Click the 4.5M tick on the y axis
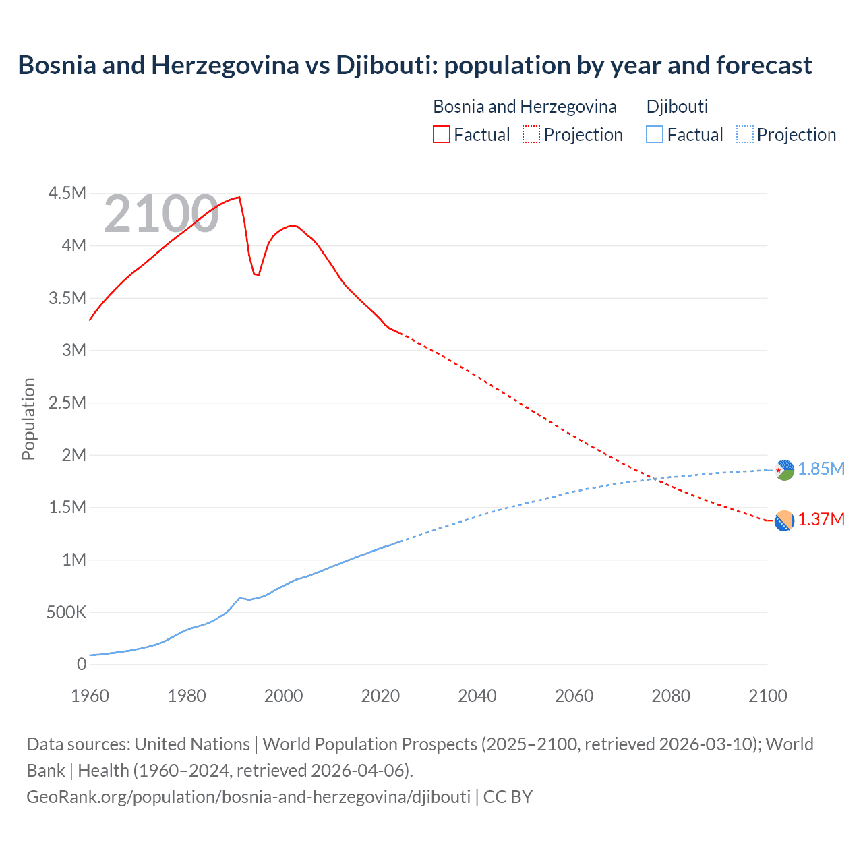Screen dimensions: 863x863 pos(67,194)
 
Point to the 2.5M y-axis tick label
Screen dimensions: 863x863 pos(67,403)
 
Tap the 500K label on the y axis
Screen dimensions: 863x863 pos(67,613)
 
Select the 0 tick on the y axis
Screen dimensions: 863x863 pos(82,665)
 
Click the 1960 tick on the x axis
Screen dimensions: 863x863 pos(90,696)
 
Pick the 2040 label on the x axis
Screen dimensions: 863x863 pos(477,696)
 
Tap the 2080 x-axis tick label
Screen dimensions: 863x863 pos(671,696)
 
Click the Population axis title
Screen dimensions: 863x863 pos(28,419)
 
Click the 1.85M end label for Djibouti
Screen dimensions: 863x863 pos(821,469)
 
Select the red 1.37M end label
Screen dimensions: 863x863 pos(821,519)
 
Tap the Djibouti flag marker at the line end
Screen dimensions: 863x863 pos(784,470)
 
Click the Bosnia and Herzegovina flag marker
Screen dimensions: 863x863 pos(784,520)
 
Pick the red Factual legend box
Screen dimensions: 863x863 pos(441,135)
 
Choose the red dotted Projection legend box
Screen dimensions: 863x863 pos(531,135)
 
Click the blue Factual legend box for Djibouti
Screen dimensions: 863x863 pos(655,135)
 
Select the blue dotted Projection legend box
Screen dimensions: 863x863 pos(745,135)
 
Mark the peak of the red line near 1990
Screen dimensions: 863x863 pos(239,198)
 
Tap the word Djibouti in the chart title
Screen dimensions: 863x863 pos(383,65)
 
